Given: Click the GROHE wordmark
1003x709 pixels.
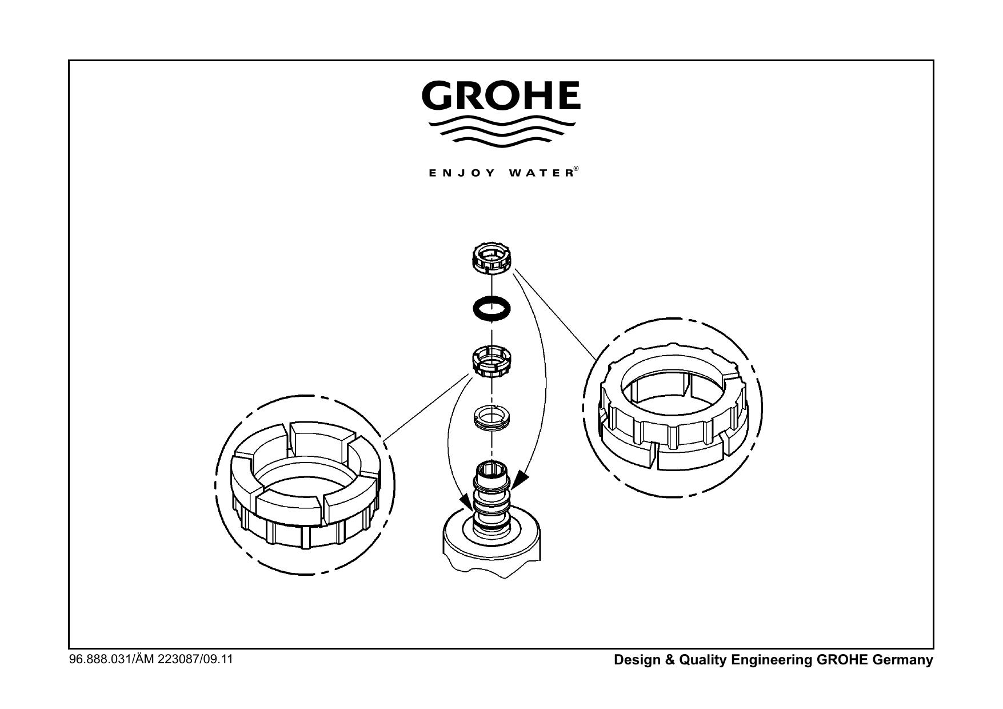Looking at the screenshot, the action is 501,95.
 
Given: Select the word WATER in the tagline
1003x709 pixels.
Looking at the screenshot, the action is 540,173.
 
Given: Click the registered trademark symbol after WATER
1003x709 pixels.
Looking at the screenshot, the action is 577,169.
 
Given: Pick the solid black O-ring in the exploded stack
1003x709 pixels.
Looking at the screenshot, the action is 492,308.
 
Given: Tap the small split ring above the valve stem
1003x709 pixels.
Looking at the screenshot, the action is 492,417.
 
